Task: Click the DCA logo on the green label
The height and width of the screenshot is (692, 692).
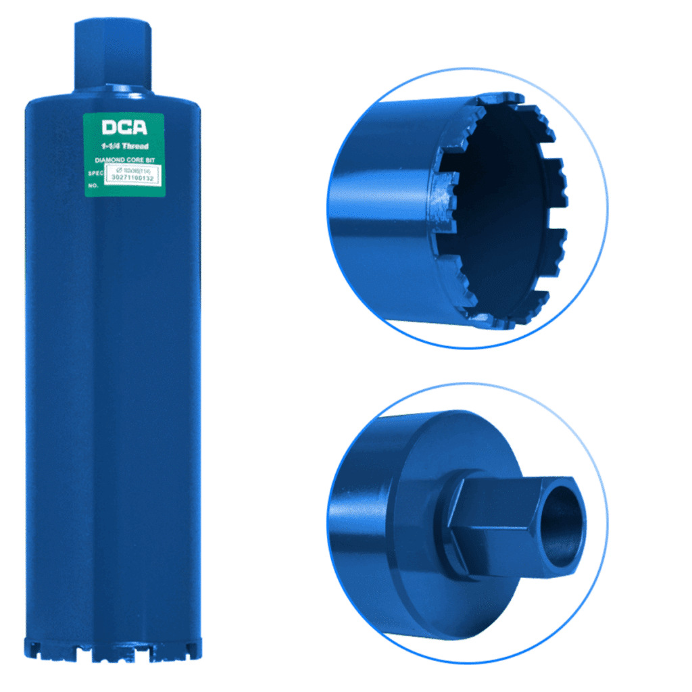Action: pos(124,128)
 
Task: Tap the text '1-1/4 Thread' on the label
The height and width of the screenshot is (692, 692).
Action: pos(124,146)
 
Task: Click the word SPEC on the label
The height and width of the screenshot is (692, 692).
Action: pos(93,172)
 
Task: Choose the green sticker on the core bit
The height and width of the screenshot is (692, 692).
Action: pos(124,154)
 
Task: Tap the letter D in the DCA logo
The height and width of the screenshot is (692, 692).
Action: pos(109,128)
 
